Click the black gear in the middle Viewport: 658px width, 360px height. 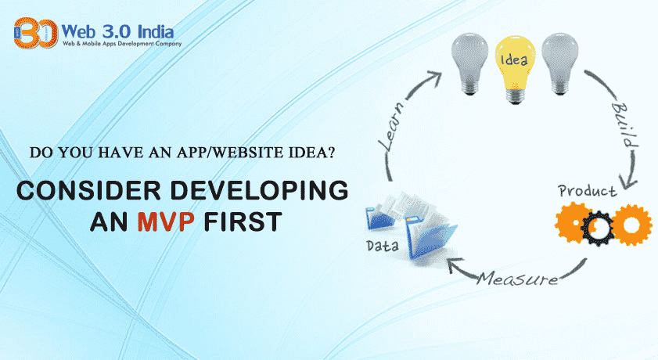(x=602, y=226)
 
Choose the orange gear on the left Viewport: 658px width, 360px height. (x=570, y=222)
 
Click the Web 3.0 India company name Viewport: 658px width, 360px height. (x=118, y=32)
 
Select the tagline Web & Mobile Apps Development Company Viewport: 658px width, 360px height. (x=121, y=44)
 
